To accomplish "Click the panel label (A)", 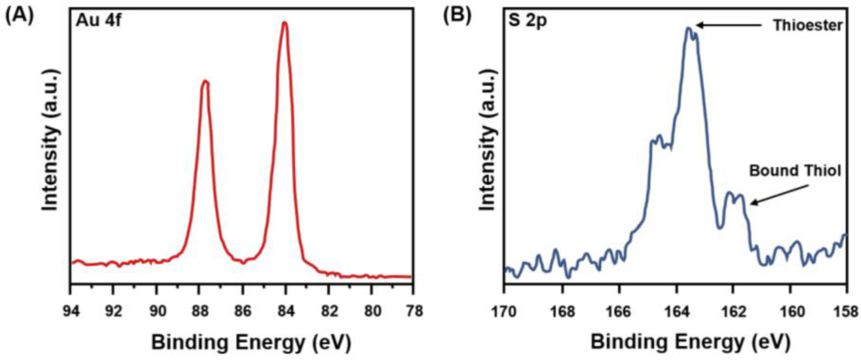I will click(20, 17).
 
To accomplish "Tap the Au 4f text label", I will click(98, 21).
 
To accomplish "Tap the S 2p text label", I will click(528, 21).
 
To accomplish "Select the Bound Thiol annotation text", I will click(795, 171).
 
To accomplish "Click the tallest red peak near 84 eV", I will click(284, 23).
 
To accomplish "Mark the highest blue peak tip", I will click(688, 28).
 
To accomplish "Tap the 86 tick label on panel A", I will click(242, 311).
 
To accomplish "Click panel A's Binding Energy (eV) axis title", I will click(251, 343).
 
